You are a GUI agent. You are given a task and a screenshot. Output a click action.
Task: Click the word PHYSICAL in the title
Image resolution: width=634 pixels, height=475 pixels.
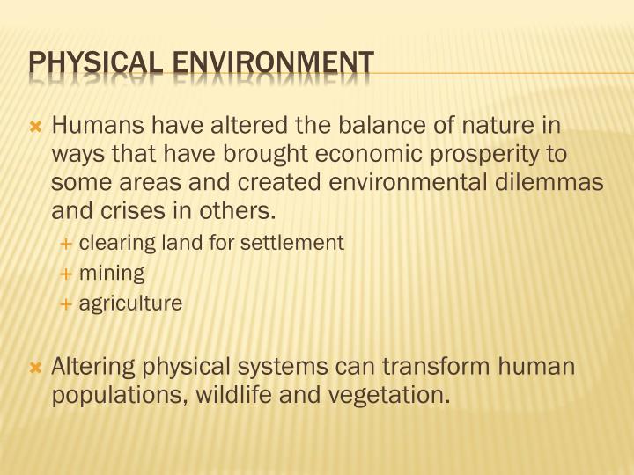[x=90, y=63]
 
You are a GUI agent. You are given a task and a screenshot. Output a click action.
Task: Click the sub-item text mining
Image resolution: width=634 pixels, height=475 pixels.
[x=112, y=274]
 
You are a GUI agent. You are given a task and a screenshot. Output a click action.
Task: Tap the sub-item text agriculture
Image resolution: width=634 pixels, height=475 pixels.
[x=130, y=304]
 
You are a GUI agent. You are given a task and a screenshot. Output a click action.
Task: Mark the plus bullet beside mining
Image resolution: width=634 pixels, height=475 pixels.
[x=66, y=274]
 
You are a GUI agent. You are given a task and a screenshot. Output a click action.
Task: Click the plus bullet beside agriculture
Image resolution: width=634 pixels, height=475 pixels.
[x=66, y=304]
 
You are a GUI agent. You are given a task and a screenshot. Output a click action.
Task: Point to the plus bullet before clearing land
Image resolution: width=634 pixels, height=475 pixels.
[x=66, y=243]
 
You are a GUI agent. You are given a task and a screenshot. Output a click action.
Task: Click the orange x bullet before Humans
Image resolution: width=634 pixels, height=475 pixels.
[x=36, y=128]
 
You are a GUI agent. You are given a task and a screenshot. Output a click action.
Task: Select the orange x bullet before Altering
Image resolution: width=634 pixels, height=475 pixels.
[x=36, y=367]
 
